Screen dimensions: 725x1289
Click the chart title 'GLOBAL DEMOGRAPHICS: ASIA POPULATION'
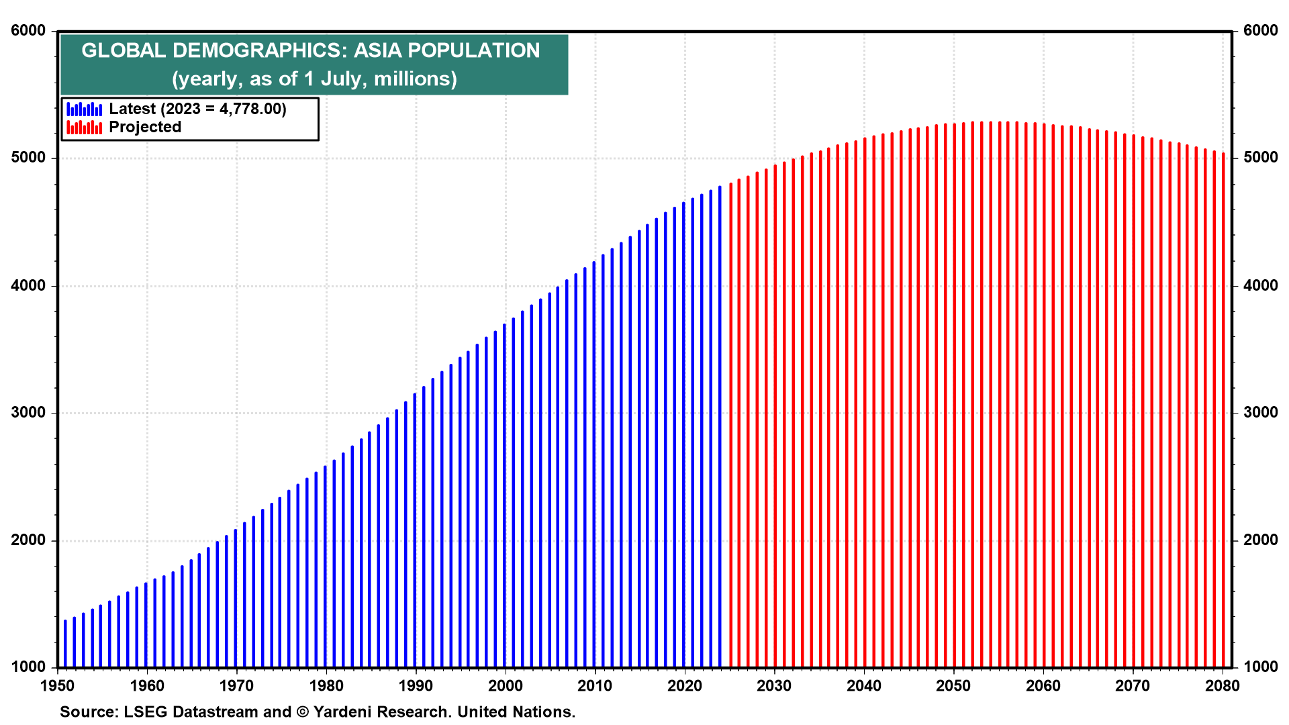click(310, 50)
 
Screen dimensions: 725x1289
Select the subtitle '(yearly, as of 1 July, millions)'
click(314, 79)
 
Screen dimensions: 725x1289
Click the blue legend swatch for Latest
click(85, 109)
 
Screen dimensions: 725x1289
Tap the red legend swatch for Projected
click(85, 127)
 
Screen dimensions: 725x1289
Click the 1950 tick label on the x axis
click(57, 685)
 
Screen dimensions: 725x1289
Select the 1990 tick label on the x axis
click(416, 685)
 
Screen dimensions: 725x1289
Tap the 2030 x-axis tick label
click(774, 685)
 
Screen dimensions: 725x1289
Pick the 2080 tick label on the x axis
click(1222, 685)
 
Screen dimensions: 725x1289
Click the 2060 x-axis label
click(1043, 685)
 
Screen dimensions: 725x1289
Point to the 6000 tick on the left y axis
click(28, 31)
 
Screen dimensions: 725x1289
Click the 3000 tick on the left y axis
click(28, 413)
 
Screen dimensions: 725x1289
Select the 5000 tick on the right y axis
click(1261, 158)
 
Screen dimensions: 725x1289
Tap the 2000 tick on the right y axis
click(1261, 540)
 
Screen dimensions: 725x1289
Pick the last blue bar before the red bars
click(720, 430)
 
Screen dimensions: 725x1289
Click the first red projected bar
click(730, 430)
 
